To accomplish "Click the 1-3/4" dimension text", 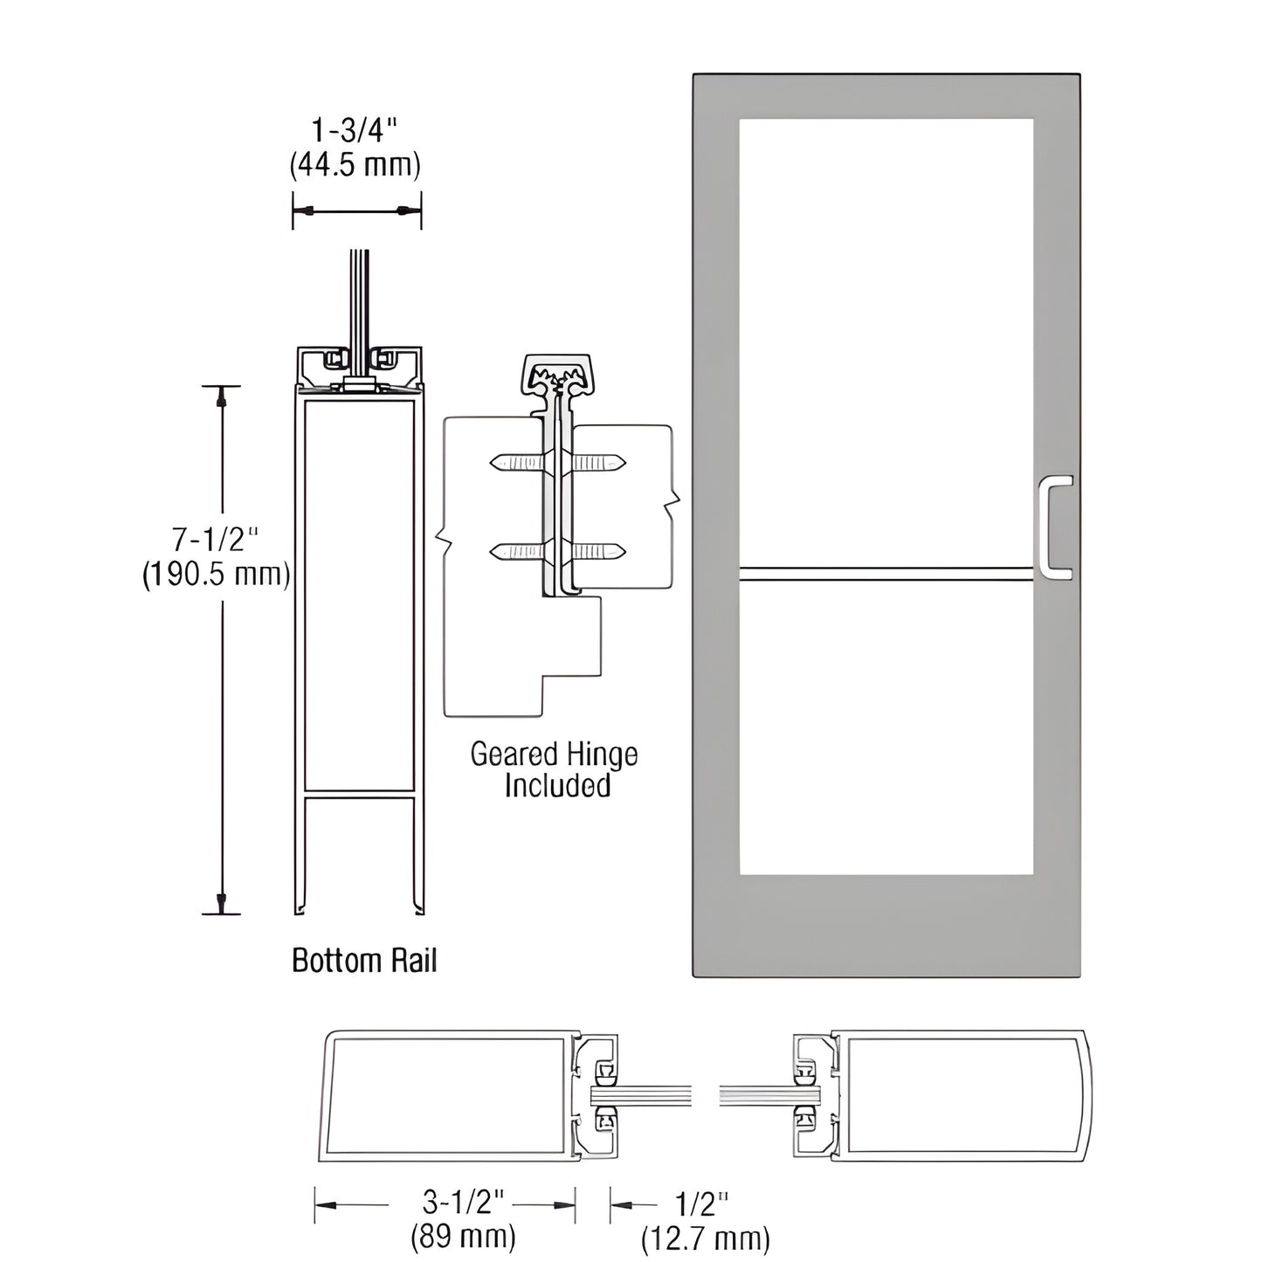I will pos(355,131).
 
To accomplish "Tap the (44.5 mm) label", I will pos(355,164).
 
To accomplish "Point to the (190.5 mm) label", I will pos(216,575).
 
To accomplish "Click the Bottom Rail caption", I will pos(363,961).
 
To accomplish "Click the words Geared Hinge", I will pos(554,754).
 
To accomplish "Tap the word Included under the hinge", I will pos(556,785).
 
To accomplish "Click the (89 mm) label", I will pos(463,1236).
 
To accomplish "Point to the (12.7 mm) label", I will pos(706,1238).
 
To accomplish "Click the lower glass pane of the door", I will pos(886,725).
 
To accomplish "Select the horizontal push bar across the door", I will pos(886,573).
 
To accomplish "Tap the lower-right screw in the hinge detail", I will pos(598,551).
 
